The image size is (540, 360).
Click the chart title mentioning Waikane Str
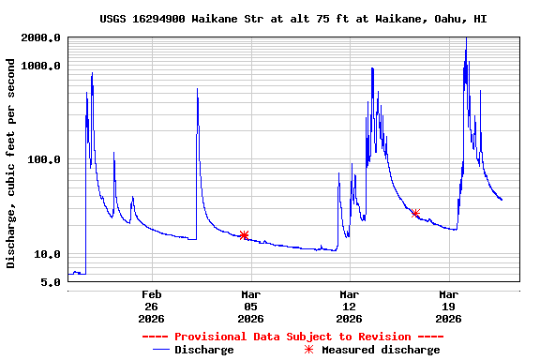click(x=292, y=19)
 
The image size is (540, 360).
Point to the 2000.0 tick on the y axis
click(x=41, y=37)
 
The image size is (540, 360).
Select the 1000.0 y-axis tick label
click(x=41, y=66)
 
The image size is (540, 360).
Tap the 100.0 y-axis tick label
click(x=45, y=160)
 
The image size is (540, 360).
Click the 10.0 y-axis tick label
click(x=48, y=254)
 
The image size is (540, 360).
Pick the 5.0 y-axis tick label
click(x=52, y=282)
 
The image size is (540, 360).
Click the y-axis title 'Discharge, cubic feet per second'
click(x=11, y=163)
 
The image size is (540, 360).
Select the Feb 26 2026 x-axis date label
click(x=152, y=307)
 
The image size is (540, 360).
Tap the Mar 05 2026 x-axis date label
click(x=250, y=307)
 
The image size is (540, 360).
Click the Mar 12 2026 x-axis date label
click(x=350, y=307)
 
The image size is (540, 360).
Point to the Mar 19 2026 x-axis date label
click(x=448, y=307)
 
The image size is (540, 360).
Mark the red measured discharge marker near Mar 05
click(x=244, y=235)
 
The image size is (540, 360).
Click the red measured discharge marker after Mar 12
click(x=415, y=214)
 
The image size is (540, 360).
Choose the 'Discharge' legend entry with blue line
click(x=193, y=350)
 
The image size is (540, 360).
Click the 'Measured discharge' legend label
click(x=381, y=350)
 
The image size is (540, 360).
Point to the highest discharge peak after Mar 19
click(x=466, y=38)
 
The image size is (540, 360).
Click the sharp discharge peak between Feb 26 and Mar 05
click(x=197, y=88)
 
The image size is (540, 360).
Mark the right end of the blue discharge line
click(x=502, y=200)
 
